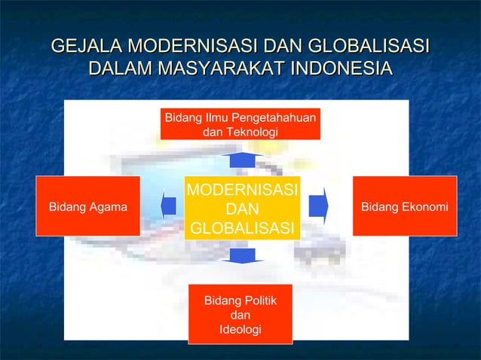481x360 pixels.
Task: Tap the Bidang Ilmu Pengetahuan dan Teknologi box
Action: (x=240, y=124)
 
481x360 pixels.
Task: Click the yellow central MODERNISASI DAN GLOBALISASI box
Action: (x=241, y=208)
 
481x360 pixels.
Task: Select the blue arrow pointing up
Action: (x=242, y=160)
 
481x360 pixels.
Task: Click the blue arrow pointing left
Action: (x=169, y=206)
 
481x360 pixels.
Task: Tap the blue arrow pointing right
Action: (x=318, y=206)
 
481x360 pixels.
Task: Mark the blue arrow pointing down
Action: (x=242, y=256)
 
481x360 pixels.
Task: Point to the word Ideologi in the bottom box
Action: (x=240, y=330)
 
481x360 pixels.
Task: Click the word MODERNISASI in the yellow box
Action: (x=242, y=188)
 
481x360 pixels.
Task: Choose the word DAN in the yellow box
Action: (x=242, y=208)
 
